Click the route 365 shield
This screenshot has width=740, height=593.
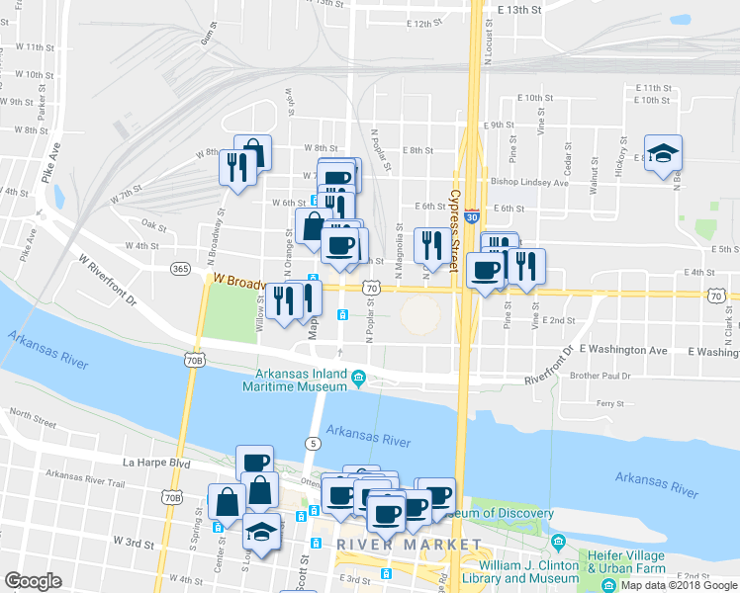pos(179,268)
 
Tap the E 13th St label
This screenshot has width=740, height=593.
pos(521,9)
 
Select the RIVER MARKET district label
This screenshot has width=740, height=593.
pos(409,545)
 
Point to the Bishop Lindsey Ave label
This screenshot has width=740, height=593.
pos(529,182)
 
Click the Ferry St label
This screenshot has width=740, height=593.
pos(614,403)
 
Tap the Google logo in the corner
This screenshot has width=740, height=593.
pos(33,581)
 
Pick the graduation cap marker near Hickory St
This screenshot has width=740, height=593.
pos(663,153)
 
